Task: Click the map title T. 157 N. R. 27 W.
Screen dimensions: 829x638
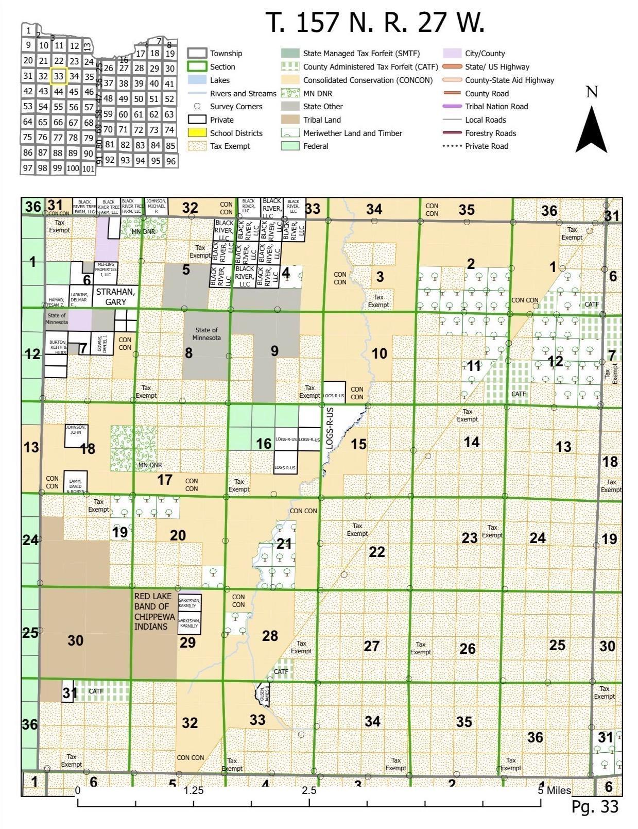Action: coord(375,23)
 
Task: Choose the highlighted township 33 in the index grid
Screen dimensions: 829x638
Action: coord(59,76)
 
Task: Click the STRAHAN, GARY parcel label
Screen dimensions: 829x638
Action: coord(115,297)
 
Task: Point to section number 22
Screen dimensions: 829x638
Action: coord(377,552)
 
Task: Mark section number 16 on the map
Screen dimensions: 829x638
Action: coord(264,444)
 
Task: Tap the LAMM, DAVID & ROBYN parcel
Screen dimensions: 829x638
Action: coord(76,483)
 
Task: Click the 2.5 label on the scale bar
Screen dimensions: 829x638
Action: coord(309,790)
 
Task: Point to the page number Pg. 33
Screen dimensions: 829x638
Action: coord(594,806)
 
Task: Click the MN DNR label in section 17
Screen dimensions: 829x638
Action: coord(150,465)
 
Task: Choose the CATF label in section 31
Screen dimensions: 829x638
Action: coord(96,691)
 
